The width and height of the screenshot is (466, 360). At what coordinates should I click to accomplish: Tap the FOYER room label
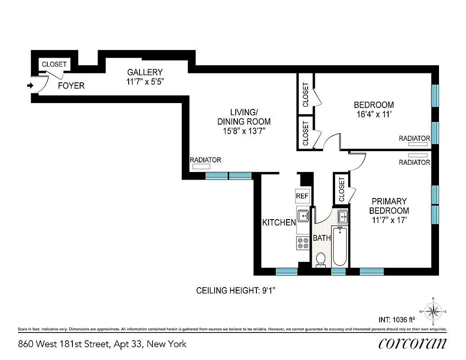click(71, 85)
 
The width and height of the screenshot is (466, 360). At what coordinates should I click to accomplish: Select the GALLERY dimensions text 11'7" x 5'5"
click(144, 82)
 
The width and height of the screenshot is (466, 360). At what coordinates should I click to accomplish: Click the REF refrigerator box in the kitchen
click(302, 196)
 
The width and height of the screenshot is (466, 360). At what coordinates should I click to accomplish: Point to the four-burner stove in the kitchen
click(303, 243)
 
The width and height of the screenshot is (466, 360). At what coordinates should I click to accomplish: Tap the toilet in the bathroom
click(321, 260)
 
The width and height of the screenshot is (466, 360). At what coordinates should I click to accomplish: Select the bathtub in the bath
click(339, 246)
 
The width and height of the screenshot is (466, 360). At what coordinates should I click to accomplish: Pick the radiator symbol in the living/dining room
click(198, 166)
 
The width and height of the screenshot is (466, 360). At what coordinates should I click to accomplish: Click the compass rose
click(433, 311)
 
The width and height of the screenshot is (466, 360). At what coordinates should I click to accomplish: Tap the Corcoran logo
click(412, 343)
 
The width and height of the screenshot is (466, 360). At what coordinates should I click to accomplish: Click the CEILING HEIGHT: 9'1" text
click(236, 291)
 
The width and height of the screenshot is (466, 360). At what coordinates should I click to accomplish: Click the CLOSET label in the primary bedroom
click(341, 189)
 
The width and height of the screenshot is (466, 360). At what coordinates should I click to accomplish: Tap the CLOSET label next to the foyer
click(54, 64)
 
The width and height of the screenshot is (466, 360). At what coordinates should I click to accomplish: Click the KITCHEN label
click(279, 222)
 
